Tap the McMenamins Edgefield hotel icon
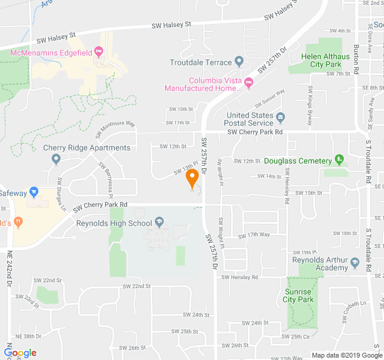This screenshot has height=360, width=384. pyautogui.click(x=100, y=53)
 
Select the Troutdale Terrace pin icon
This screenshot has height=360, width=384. pyautogui.click(x=239, y=62)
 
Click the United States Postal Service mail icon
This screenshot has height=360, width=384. pyautogui.click(x=280, y=115)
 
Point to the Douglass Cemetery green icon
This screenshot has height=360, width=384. pyautogui.click(x=340, y=160)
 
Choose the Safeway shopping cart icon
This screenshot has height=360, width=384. pyautogui.click(x=34, y=193)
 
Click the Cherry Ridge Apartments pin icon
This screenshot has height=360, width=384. pyautogui.click(x=56, y=159)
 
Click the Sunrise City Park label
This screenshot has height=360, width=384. pyautogui.click(x=299, y=295)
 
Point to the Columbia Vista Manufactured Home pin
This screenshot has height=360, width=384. pyautogui.click(x=248, y=85)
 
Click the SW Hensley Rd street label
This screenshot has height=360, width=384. pyautogui.click(x=239, y=277)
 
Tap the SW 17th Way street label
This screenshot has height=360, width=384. pyautogui.click(x=254, y=235)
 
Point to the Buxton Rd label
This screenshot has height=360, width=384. pyautogui.click(x=356, y=59)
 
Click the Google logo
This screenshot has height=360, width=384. pyautogui.click(x=20, y=353)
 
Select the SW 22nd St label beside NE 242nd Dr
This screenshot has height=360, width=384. pyautogui.click(x=47, y=280)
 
